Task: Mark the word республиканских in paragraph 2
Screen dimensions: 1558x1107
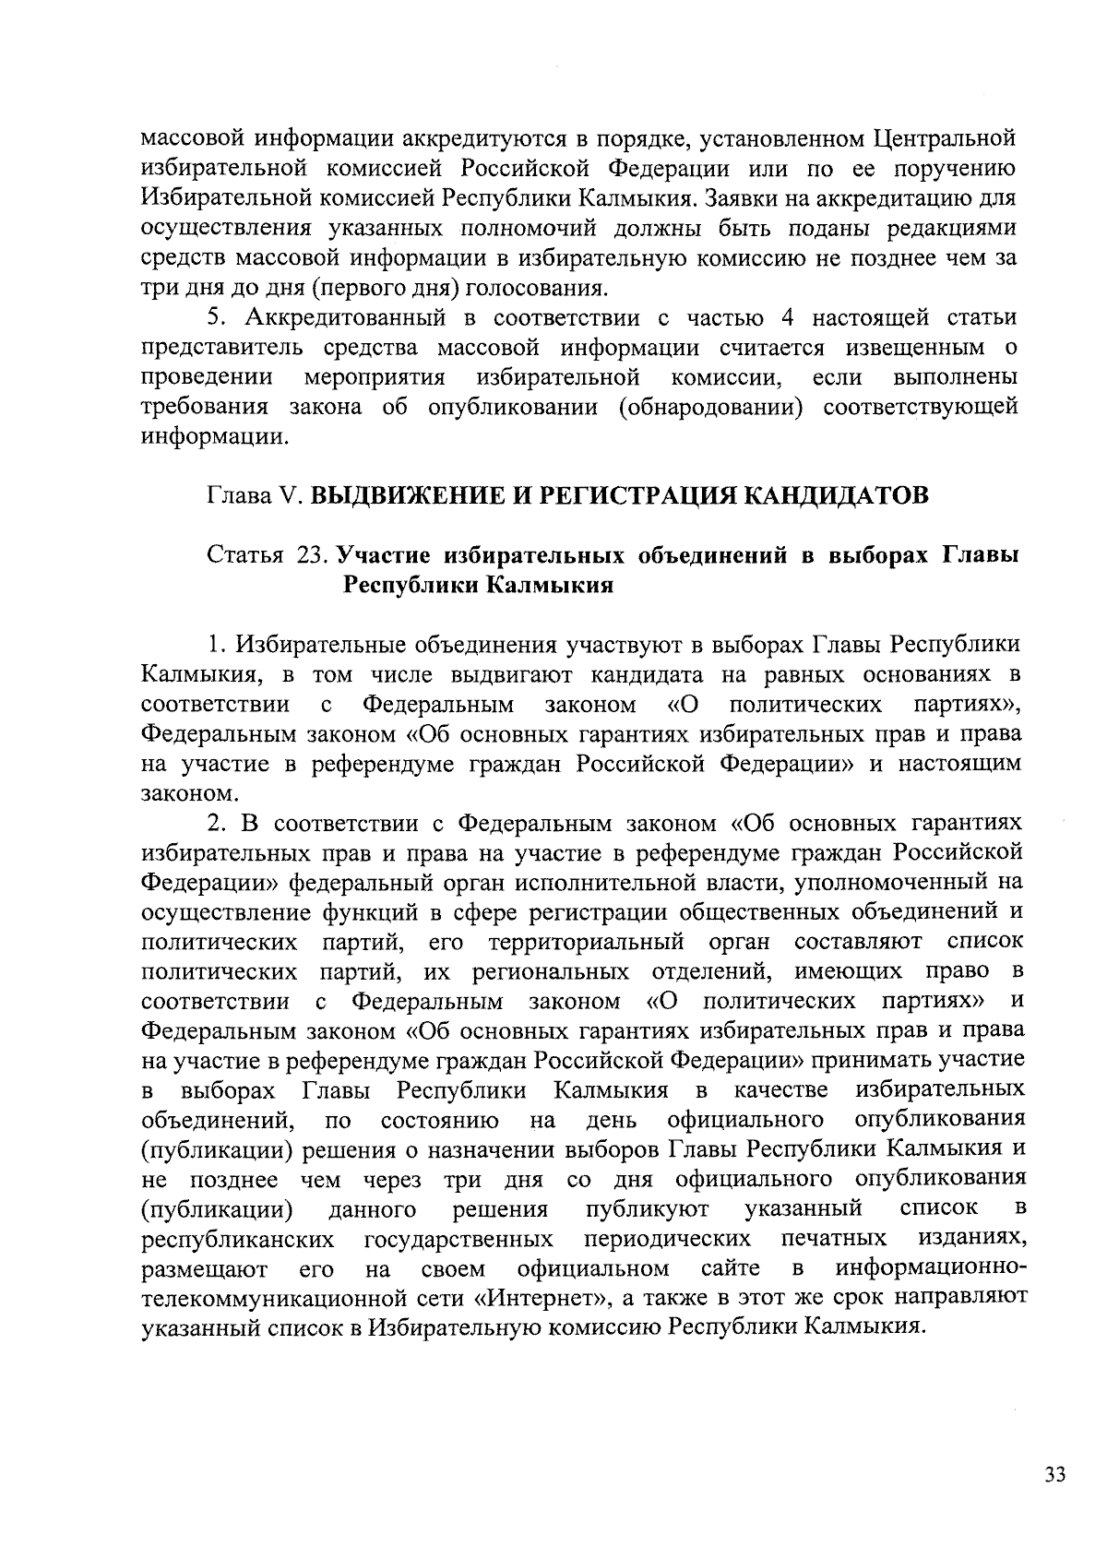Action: click(238, 1237)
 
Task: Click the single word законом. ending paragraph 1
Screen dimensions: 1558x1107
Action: click(190, 793)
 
